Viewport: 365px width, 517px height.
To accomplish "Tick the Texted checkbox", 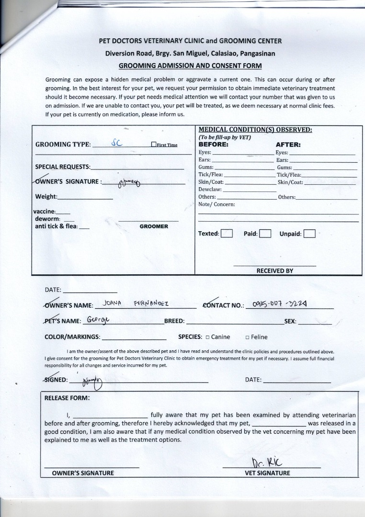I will click(227, 234).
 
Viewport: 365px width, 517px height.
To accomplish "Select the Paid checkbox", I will click(265, 234).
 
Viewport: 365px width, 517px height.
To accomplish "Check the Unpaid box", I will click(309, 234).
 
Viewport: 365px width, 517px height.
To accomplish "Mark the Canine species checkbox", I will click(207, 337).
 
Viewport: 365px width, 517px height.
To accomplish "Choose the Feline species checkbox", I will click(247, 337).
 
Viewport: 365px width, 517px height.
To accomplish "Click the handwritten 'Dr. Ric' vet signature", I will click(263, 462).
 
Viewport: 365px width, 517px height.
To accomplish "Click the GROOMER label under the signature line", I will click(154, 226).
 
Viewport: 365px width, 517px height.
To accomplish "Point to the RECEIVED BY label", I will click(274, 270).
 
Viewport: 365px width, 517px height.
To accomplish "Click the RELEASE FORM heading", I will click(67, 398).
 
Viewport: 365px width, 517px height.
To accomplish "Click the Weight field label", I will click(46, 197).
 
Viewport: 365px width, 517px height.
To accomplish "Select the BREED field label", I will click(174, 321).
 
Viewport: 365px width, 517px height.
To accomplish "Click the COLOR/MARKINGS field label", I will click(72, 337).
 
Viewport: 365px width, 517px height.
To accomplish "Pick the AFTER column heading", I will click(288, 144).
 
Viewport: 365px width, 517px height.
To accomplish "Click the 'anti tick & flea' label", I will click(56, 226).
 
